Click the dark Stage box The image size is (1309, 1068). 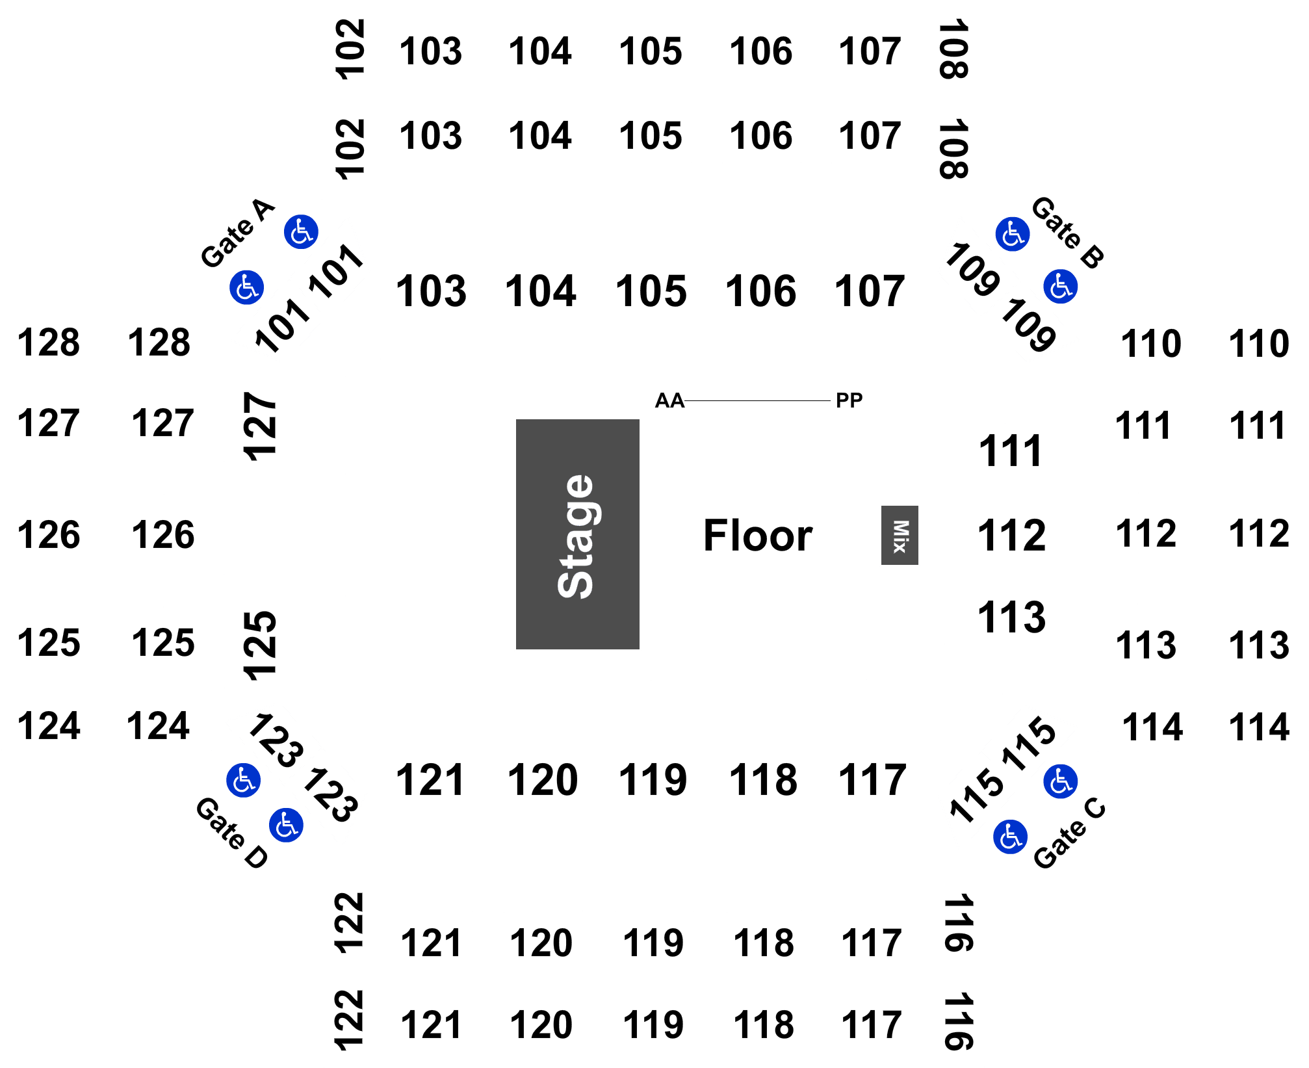577,534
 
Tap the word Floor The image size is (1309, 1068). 758,536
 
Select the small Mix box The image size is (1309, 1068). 900,535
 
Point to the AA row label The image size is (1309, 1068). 669,400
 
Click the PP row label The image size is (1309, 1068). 849,400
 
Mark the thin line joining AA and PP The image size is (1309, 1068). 757,401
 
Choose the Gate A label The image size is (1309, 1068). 237,233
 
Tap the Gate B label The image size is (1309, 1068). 1068,232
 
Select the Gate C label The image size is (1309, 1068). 1069,833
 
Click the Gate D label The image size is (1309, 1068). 232,833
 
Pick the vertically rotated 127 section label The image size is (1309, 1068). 260,426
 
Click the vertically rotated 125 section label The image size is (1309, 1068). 260,645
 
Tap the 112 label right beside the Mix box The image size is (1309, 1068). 1011,536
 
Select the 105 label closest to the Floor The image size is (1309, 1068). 651,291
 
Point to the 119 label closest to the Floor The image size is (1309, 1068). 653,779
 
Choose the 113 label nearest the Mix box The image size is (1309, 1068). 1011,617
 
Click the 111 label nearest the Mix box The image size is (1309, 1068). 1010,450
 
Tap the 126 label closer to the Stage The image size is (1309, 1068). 163,535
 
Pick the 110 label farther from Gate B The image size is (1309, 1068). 1258,343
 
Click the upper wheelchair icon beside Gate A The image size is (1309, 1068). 301,232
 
